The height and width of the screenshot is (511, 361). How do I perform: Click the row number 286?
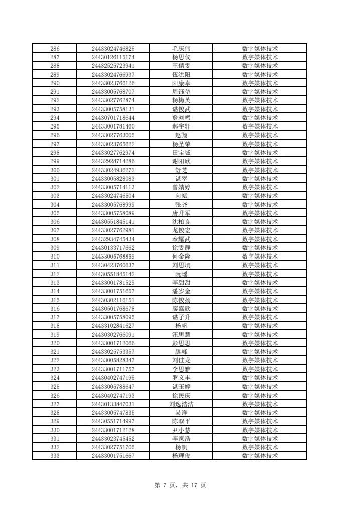[55, 49]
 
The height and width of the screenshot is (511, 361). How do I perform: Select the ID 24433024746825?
[113, 49]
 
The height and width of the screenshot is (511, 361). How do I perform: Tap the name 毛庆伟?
[181, 49]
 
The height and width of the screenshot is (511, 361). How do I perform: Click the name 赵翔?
[181, 136]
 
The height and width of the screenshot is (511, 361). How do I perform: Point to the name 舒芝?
[181, 170]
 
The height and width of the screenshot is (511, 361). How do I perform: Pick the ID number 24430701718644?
[113, 118]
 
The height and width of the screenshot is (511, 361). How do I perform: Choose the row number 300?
[55, 170]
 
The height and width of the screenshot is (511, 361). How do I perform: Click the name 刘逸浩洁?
[181, 404]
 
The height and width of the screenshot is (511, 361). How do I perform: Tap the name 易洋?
[181, 413]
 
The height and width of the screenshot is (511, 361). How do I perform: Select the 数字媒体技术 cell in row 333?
[260, 456]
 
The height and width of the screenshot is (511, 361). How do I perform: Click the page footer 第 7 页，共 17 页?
[180, 485]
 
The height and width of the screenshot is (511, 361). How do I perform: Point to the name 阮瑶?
[181, 274]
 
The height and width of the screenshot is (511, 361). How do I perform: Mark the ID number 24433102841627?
[113, 326]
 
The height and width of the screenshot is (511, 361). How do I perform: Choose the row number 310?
[55, 257]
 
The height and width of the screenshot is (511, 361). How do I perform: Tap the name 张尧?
[181, 205]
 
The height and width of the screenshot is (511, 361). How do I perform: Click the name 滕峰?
[181, 352]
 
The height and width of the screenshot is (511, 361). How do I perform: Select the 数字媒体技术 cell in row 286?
[260, 49]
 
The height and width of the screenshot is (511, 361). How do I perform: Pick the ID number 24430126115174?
[113, 57]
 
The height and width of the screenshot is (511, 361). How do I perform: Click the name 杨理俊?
[181, 456]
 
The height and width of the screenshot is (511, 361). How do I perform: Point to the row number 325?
[55, 387]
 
